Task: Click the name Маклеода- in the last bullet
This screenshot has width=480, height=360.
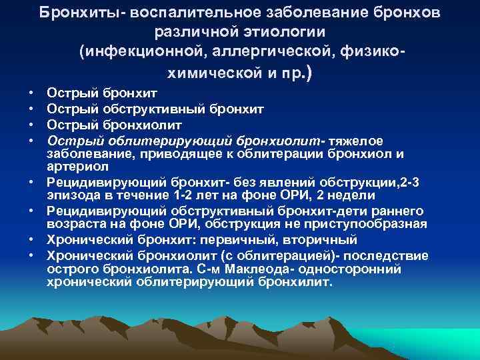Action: pyautogui.click(x=263, y=269)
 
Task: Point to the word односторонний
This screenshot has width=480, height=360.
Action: pyautogui.click(x=357, y=269)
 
